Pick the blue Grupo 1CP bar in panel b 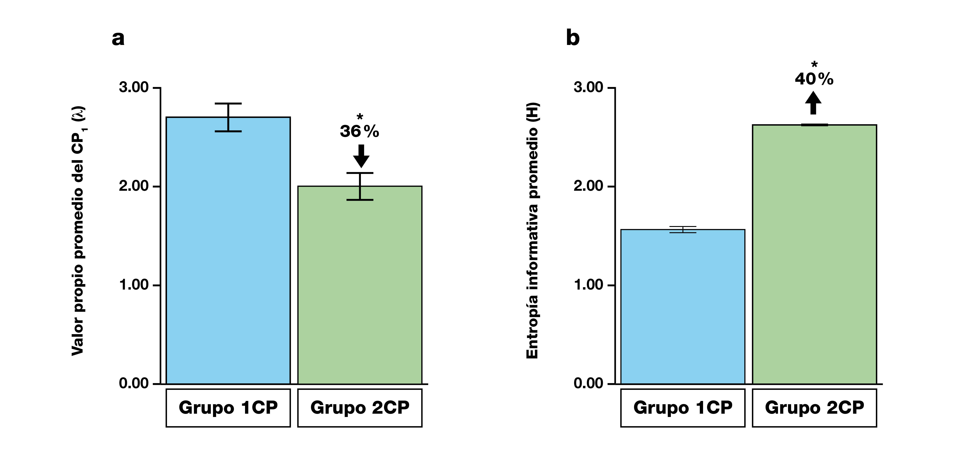click(x=683, y=308)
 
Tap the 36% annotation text click(x=359, y=131)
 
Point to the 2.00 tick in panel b click(x=588, y=186)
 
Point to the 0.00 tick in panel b click(x=588, y=383)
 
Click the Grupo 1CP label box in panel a click(x=228, y=407)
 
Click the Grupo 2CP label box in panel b click(x=814, y=407)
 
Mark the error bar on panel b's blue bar click(x=683, y=230)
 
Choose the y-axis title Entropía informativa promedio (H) click(x=532, y=230)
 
